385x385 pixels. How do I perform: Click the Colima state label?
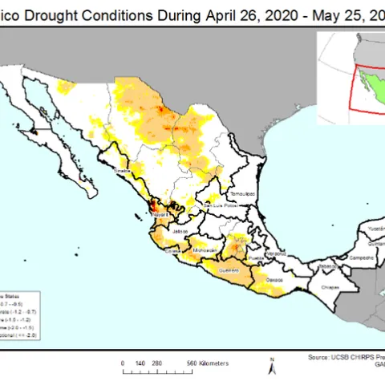pyautogui.click(x=172, y=250)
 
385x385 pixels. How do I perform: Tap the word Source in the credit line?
pyautogui.click(x=318, y=356)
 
